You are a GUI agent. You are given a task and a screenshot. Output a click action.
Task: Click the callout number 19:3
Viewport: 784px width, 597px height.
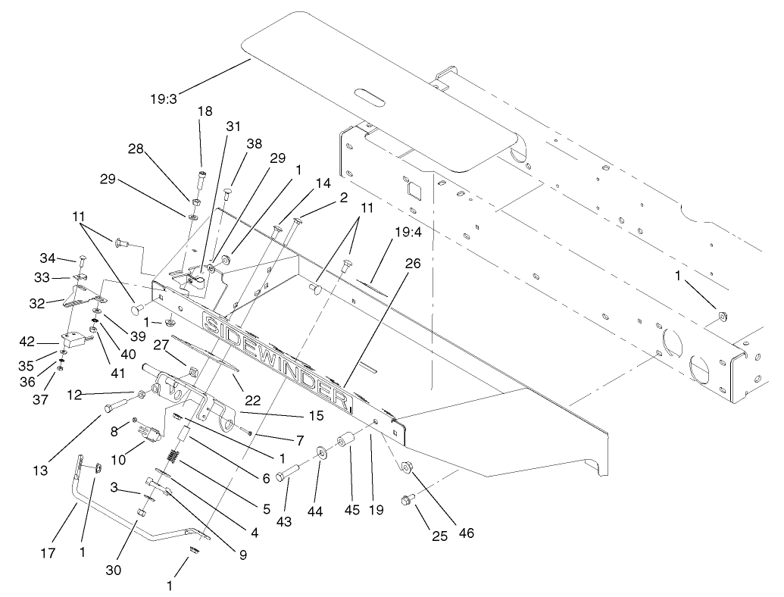[164, 99]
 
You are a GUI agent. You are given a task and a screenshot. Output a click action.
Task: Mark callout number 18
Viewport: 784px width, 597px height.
[205, 110]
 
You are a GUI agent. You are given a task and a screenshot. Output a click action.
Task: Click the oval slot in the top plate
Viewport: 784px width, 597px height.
[369, 98]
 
